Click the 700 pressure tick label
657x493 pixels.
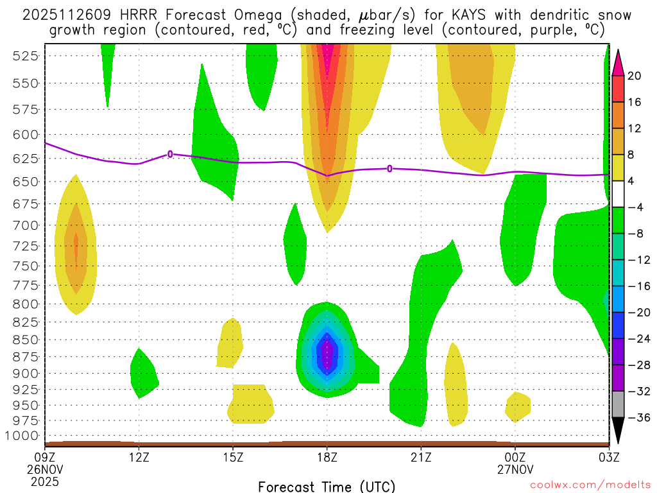click(24, 225)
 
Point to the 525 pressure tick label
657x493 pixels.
click(24, 56)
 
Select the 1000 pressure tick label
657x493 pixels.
click(22, 436)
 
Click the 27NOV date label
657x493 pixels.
click(515, 469)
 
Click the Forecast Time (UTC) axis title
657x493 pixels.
click(327, 486)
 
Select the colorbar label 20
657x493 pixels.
click(635, 76)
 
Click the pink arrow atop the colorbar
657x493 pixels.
click(618, 62)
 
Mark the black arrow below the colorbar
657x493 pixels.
click(618, 431)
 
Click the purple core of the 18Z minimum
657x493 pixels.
click(328, 356)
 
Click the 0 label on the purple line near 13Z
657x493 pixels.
click(170, 153)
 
